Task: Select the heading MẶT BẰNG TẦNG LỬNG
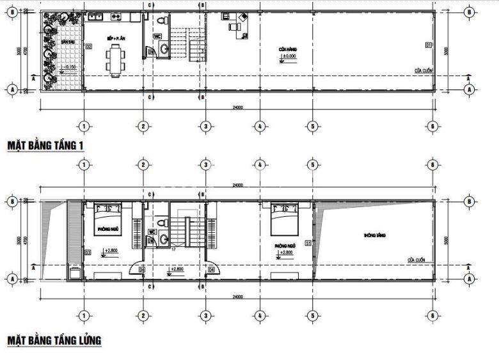(x=54, y=340)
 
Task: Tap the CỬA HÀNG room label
(x=287, y=49)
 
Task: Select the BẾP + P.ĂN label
(x=116, y=39)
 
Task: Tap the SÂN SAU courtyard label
(x=65, y=42)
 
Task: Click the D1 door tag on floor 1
(x=427, y=44)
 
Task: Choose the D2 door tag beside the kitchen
(x=88, y=45)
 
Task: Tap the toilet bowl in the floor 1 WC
(x=165, y=47)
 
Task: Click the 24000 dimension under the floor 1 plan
(x=237, y=107)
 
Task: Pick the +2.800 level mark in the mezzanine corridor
(x=175, y=269)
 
